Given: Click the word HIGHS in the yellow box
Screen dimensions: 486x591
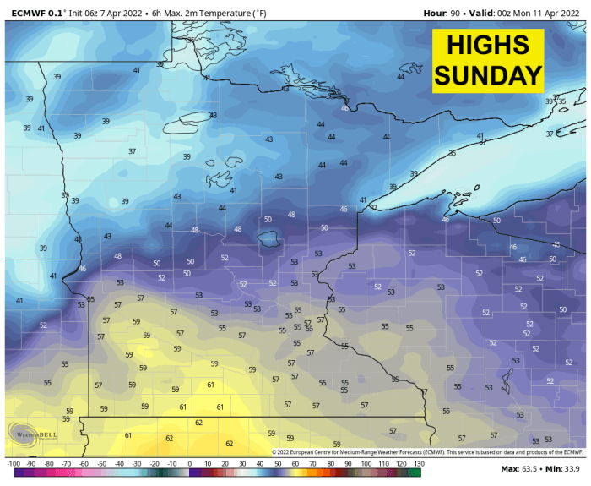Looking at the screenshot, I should (x=487, y=46).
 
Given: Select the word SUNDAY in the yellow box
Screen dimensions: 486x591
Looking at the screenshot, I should (x=487, y=75).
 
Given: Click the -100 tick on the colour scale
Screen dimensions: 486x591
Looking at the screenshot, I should (x=14, y=464).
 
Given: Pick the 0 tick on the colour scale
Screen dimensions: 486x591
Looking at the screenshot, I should (x=189, y=464).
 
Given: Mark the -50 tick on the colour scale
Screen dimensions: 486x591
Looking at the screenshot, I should (x=101, y=464).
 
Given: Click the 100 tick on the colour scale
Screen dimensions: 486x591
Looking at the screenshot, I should (x=365, y=464).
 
